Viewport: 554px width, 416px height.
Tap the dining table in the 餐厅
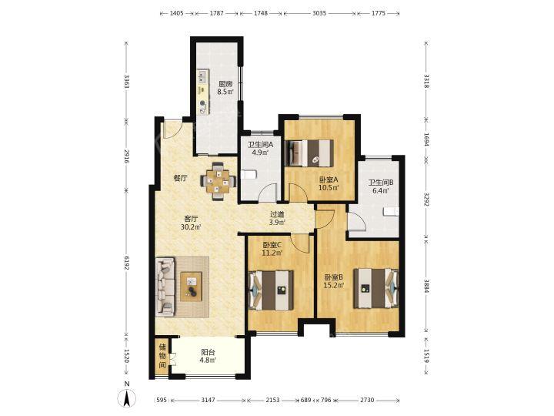click(x=218, y=182)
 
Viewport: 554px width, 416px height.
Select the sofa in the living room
click(x=165, y=287)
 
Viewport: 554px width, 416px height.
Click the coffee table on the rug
click(x=191, y=287)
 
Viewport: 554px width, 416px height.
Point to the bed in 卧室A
click(x=310, y=153)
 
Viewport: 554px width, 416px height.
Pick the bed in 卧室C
click(x=271, y=290)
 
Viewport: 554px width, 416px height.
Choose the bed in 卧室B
click(x=375, y=288)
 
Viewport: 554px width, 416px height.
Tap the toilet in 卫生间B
click(x=392, y=212)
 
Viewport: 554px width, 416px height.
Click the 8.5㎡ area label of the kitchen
click(x=225, y=92)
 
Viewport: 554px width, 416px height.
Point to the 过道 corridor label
click(x=277, y=214)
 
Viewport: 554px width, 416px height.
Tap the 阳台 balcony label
click(x=208, y=352)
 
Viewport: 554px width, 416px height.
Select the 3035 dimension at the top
click(x=319, y=13)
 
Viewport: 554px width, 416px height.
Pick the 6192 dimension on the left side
click(x=127, y=263)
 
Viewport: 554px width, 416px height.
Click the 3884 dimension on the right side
click(x=426, y=286)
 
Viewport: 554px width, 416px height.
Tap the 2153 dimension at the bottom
click(x=272, y=400)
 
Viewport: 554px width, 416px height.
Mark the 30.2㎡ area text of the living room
click(x=191, y=227)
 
